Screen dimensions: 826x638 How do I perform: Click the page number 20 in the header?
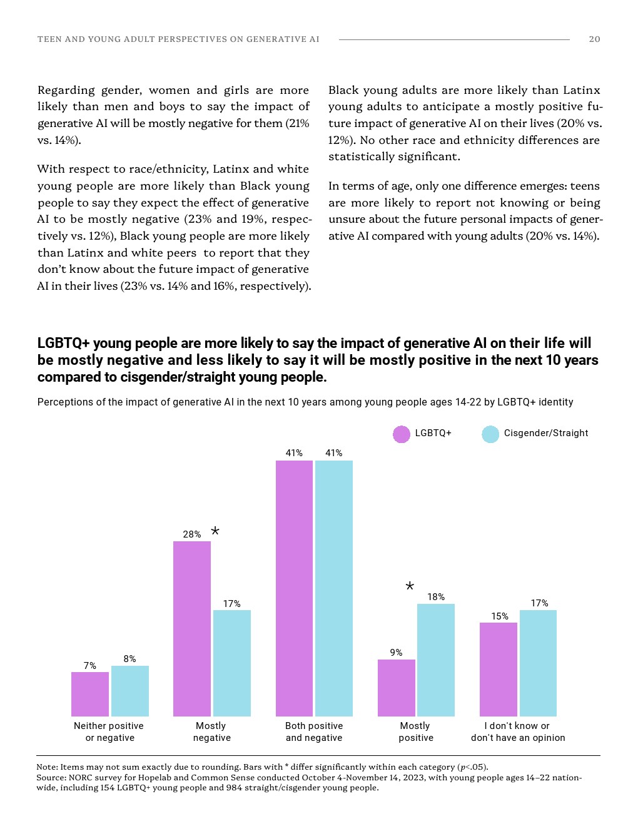coord(594,39)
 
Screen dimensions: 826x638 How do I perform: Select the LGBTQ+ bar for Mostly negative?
coord(191,628)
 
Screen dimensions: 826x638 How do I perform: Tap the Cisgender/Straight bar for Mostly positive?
coord(435,660)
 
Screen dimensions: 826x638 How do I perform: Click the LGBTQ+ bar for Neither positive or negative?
coord(89,694)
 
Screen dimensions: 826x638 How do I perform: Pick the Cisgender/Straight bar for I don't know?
coord(538,663)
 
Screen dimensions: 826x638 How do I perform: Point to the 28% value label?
coord(191,534)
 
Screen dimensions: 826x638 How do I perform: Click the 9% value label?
coord(396,653)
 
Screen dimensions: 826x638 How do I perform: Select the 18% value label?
coord(436,597)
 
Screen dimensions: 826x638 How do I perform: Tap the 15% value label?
coord(499,616)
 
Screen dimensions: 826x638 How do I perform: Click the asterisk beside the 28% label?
coord(215,531)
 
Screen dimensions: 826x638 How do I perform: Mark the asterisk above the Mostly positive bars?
coord(410,586)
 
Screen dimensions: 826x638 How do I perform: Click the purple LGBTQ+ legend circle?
coord(401,434)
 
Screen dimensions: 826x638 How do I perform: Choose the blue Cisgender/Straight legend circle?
coord(490,434)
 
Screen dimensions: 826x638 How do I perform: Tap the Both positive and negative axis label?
coord(314,732)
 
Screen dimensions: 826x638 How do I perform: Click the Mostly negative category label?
coord(211,732)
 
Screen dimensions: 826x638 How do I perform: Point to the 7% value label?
coord(89,666)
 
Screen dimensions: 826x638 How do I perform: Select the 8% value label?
coord(129,659)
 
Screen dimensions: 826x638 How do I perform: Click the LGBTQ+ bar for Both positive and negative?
coord(294,588)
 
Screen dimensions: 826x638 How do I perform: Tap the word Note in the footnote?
coord(46,767)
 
